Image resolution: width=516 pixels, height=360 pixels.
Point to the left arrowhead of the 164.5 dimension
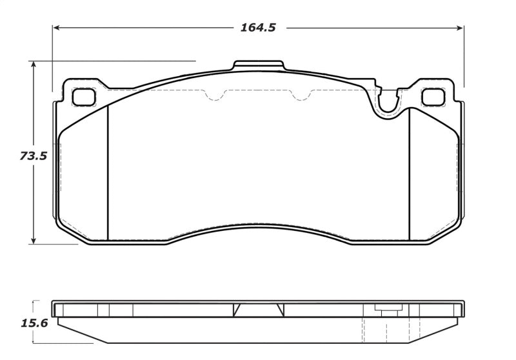[x=57, y=28]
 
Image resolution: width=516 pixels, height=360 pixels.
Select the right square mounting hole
[x=432, y=97]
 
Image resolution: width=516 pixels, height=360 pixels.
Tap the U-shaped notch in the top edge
[x=388, y=102]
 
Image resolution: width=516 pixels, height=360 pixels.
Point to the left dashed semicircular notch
[x=215, y=96]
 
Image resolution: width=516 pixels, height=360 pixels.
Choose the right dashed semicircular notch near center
[x=299, y=96]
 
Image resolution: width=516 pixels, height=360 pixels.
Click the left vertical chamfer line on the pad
[x=107, y=171]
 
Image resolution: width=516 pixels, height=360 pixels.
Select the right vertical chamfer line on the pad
[x=410, y=171]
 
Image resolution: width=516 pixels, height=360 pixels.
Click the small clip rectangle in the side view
[x=387, y=311]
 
